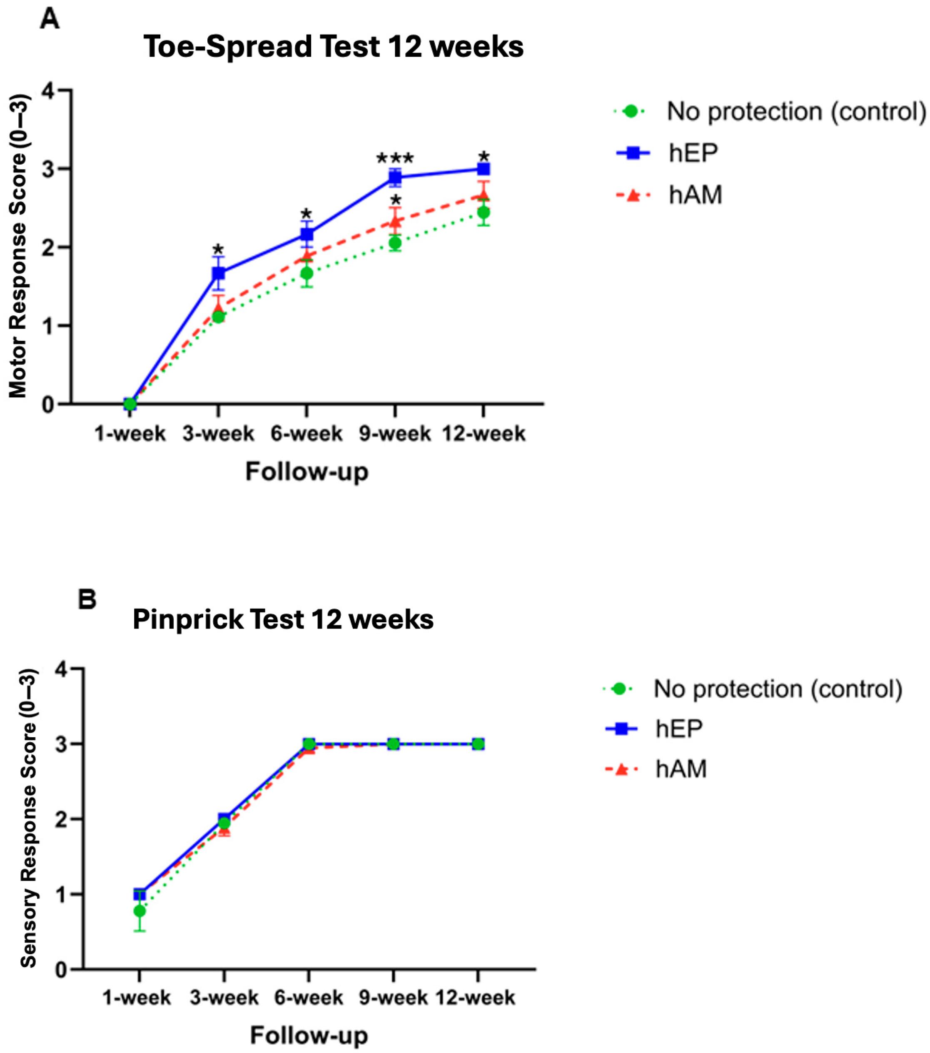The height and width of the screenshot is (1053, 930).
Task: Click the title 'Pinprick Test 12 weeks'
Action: tap(283, 619)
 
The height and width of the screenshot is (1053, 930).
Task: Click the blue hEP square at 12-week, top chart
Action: tap(483, 169)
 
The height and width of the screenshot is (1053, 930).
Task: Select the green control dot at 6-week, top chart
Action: tap(307, 273)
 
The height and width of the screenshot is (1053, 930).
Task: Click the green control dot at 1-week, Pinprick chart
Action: tap(139, 911)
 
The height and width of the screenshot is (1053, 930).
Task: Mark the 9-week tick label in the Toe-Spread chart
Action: tap(395, 434)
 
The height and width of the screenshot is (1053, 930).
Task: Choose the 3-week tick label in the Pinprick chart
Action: tap(224, 998)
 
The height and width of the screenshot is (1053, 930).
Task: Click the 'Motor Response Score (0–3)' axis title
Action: tap(19, 246)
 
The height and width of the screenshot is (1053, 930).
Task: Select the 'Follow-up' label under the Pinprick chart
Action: tap(309, 1035)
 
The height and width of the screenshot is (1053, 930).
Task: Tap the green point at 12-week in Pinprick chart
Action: tap(478, 744)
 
